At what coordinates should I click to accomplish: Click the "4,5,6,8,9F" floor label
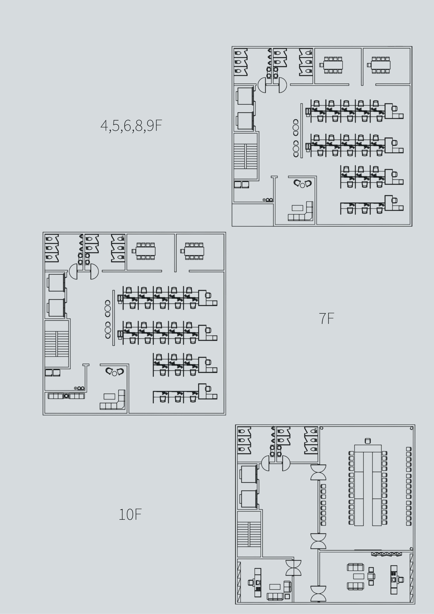pyautogui.click(x=131, y=126)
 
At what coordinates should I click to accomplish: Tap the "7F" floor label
pyautogui.click(x=326, y=318)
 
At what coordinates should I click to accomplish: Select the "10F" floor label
pyautogui.click(x=130, y=514)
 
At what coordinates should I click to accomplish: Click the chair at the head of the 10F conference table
pyautogui.click(x=368, y=441)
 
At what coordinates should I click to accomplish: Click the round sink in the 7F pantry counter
pyautogui.click(x=66, y=396)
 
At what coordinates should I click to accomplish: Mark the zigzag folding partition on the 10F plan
pyautogui.click(x=386, y=554)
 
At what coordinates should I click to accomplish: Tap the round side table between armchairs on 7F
pyautogui.click(x=114, y=373)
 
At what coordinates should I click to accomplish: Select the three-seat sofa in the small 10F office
pyautogui.click(x=275, y=596)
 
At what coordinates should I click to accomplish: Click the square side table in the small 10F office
pyautogui.click(x=287, y=597)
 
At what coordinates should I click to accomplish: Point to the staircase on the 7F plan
pyautogui.click(x=56, y=344)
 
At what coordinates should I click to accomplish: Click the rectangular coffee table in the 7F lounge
pyautogui.click(x=109, y=396)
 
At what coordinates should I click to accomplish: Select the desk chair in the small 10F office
pyautogui.click(x=251, y=582)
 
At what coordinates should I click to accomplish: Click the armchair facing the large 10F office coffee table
pyautogui.click(x=371, y=576)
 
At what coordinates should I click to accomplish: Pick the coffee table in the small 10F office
pyautogui.click(x=275, y=587)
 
